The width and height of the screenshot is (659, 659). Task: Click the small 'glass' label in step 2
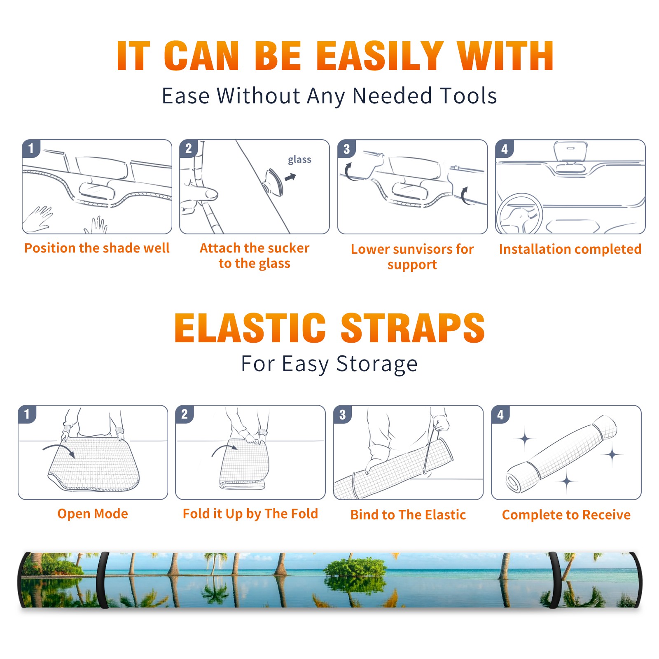coord(299,160)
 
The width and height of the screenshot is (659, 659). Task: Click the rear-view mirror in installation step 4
coord(570,151)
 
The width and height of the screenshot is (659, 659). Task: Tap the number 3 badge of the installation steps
coord(346,149)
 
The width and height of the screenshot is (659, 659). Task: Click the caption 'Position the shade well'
coord(97,248)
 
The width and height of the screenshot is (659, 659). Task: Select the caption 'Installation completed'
coord(570,249)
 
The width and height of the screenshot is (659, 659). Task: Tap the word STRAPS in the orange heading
coord(413,328)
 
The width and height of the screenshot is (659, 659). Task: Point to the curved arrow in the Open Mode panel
coord(58,447)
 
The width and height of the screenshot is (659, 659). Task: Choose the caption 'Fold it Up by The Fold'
coord(250,514)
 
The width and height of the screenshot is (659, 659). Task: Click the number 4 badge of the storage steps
coord(500,414)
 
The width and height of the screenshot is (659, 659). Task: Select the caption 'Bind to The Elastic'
coord(408,515)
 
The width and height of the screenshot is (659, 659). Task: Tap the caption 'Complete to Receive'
coord(566,515)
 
